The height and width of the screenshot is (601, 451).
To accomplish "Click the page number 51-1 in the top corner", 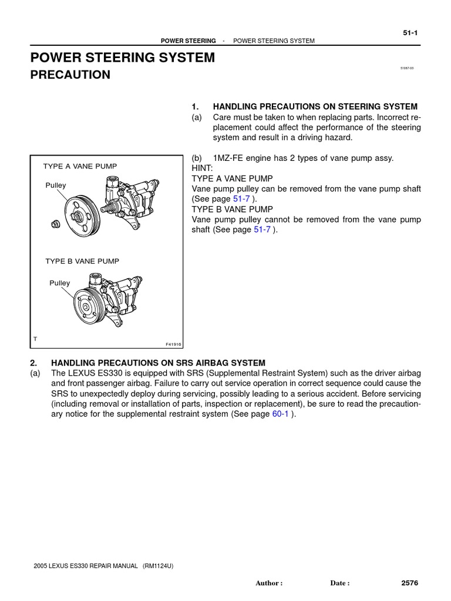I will tap(410, 33).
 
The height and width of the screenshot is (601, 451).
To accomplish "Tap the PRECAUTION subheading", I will tap(70, 75).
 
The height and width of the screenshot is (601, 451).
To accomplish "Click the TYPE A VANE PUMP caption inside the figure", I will tap(80, 167).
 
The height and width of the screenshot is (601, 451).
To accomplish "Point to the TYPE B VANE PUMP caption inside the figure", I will tap(82, 261).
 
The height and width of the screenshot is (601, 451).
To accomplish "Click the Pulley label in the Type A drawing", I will tap(56, 185).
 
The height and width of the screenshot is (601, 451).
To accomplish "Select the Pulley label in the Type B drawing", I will tap(59, 283).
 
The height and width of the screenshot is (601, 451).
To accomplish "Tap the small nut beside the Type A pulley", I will tap(54, 224).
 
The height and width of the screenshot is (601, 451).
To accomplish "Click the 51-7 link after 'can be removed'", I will tap(241, 199).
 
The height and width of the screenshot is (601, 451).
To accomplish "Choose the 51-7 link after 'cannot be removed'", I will tap(262, 230).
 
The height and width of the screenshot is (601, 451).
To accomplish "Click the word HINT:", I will tap(203, 168).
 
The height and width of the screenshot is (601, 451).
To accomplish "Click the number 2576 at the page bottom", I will tap(409, 583).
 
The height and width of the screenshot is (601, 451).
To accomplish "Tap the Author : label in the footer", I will tap(269, 583).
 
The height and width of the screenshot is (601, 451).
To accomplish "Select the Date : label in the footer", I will tap(340, 583).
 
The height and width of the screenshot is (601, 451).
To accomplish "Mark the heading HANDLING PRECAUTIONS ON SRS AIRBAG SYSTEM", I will tap(158, 363).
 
